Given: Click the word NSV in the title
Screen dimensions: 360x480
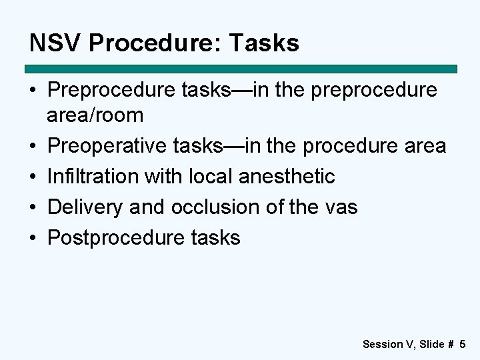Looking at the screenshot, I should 55,43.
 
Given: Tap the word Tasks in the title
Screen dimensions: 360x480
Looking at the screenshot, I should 264,43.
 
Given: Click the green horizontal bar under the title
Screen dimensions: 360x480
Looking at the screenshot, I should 241,69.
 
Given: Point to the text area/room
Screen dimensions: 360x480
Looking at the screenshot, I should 95,115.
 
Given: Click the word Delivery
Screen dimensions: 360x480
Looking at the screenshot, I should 87,207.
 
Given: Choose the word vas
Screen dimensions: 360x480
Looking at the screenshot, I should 341,207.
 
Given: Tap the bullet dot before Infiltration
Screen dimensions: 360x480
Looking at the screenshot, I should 33,177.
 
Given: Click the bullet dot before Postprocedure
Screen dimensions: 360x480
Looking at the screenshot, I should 33,239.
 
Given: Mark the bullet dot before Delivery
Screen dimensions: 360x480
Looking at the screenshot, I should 33,208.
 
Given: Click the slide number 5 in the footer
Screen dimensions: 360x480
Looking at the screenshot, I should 462,344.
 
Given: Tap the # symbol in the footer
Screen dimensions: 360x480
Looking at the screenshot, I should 451,344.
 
